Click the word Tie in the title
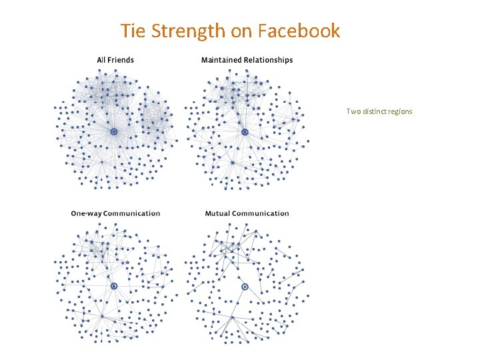pos(132,31)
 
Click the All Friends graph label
pos(115,60)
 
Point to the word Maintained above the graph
pos(221,60)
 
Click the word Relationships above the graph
pos(267,60)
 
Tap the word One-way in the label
pos(86,213)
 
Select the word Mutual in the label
pos(219,213)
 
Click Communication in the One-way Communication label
pos(131,213)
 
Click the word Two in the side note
pos(352,111)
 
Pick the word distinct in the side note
pos(371,111)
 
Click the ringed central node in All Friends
pos(114,132)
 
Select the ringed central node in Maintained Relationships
pos(245,132)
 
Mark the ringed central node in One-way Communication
pos(114,286)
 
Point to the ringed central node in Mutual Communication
pos(245,286)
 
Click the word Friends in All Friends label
pos(121,60)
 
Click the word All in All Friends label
pos(102,60)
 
